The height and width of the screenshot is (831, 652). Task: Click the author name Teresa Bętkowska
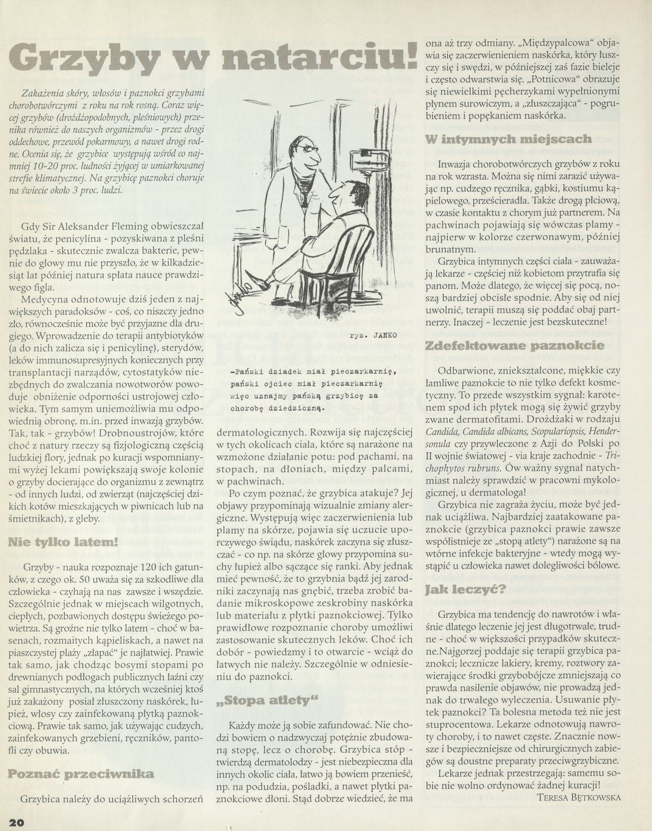tap(578, 797)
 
